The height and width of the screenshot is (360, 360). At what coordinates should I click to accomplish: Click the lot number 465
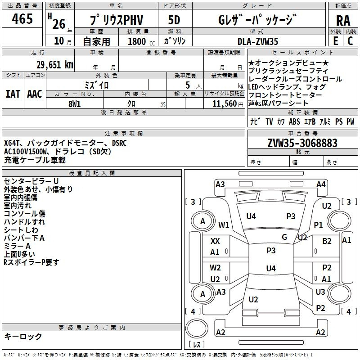click(x=22, y=19)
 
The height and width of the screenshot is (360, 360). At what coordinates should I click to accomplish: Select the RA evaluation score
click(x=343, y=20)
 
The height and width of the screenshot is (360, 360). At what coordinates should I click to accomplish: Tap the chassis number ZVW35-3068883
click(x=302, y=143)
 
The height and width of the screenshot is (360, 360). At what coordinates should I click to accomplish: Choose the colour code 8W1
click(x=74, y=104)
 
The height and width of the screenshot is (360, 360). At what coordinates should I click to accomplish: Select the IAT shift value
click(x=13, y=94)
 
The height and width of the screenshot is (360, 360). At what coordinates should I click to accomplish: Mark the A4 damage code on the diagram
click(x=321, y=184)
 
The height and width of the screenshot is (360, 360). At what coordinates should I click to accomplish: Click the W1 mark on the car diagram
click(x=224, y=225)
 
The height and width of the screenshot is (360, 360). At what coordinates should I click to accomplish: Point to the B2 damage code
click(x=327, y=241)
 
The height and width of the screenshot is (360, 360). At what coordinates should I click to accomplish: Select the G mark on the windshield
click(x=284, y=237)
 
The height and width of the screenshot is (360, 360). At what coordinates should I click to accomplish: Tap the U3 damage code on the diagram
click(x=320, y=292)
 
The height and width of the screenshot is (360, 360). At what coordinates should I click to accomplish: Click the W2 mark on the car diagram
click(x=215, y=268)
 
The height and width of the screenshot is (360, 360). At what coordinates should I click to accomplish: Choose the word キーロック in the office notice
click(x=23, y=336)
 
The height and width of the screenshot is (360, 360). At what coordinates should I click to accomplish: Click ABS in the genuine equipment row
click(x=294, y=121)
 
